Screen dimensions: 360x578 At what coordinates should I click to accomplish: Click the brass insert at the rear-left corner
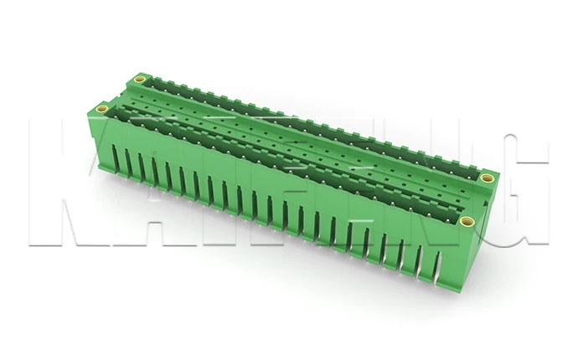pos(140,81)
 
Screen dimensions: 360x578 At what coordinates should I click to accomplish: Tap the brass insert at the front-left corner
pos(101,108)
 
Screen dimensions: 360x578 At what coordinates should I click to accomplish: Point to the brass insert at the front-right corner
pos(467,221)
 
